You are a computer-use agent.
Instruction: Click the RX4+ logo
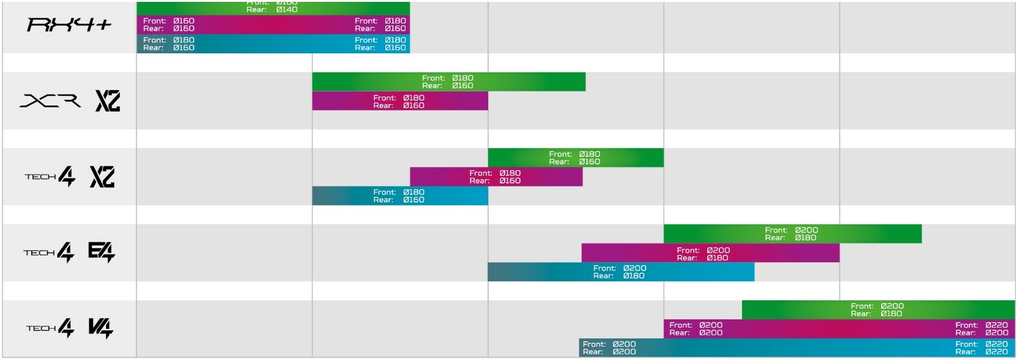69,25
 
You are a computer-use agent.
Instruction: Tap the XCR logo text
50,101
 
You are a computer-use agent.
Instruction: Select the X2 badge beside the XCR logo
108,101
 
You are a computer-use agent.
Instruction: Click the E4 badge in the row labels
102,252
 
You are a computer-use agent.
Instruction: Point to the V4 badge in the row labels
100,328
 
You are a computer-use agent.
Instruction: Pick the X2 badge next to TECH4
102,177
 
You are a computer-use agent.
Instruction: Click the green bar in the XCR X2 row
448,82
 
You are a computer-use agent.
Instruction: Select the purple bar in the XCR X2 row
400,102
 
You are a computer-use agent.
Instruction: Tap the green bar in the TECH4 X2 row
575,158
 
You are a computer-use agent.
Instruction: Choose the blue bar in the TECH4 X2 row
400,196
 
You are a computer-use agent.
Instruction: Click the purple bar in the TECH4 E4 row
710,253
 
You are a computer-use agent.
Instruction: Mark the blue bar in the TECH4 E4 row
620,272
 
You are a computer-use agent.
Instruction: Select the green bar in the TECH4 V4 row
877,310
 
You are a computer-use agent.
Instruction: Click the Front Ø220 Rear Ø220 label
981,348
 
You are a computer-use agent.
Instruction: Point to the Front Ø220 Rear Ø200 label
981,329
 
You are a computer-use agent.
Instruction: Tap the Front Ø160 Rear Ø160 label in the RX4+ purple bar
169,25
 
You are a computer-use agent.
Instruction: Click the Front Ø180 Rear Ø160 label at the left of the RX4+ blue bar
169,44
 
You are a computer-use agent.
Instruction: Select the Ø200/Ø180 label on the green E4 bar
791,234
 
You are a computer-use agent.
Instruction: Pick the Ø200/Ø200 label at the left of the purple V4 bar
696,329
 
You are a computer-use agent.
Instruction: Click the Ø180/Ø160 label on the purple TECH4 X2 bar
495,177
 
